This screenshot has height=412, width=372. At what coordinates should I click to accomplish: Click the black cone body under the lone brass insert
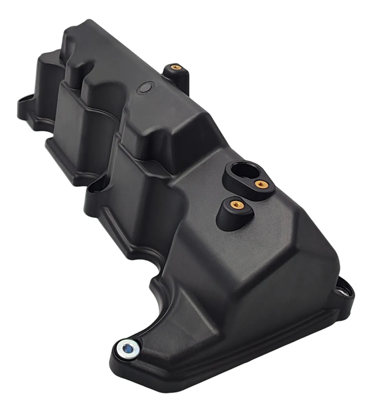click(x=225, y=215)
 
